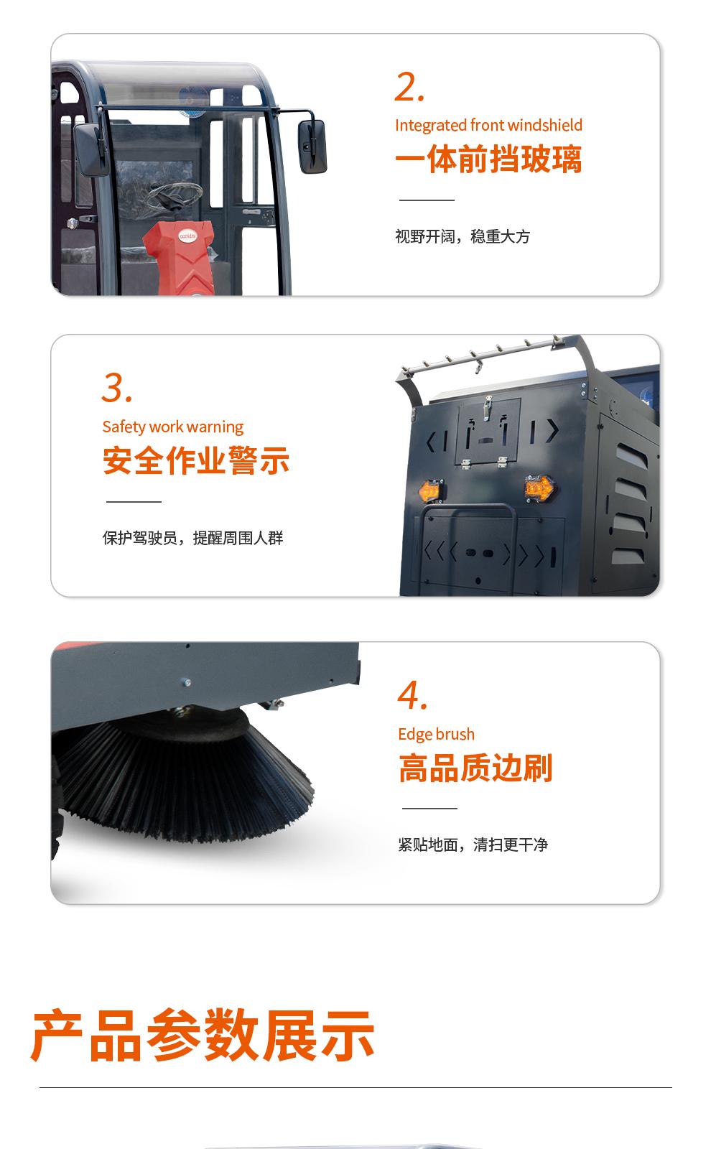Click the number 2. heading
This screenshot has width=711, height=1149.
click(x=409, y=87)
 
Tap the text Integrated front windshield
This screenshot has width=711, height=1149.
click(x=488, y=125)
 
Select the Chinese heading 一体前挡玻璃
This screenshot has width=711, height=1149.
click(x=488, y=159)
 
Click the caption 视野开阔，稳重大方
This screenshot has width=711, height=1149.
click(x=463, y=236)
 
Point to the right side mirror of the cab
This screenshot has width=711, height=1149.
click(x=312, y=146)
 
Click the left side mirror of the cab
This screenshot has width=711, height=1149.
click(x=90, y=149)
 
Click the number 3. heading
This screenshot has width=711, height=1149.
click(x=117, y=389)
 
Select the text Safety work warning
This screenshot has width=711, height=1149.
click(x=173, y=427)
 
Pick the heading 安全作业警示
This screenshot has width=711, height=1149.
click(x=196, y=460)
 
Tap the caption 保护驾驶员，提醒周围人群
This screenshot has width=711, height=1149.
click(x=193, y=538)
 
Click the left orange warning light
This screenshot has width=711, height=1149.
click(x=430, y=491)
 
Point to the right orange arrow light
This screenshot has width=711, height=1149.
click(x=539, y=487)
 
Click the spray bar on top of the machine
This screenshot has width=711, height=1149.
click(x=482, y=355)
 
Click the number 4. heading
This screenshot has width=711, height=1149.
click(x=412, y=696)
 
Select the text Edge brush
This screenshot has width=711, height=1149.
click(x=436, y=734)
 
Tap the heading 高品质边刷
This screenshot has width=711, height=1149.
click(x=475, y=768)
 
